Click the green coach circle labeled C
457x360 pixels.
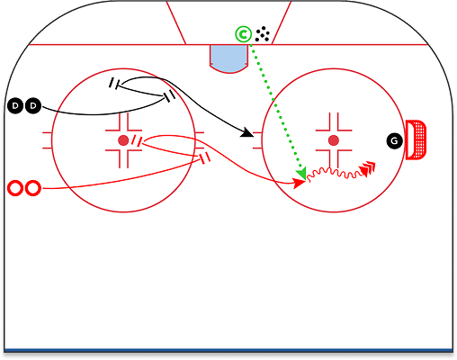pos(243,35)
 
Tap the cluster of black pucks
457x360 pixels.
pos(263,34)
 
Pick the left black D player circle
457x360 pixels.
pos(16,107)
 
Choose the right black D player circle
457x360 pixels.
pos(34,107)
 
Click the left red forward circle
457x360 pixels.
pos(15,188)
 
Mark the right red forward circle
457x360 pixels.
pos(33,188)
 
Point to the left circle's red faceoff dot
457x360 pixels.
pos(123,140)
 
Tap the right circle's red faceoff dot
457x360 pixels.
pos(334,140)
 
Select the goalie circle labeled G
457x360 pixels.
pos(394,140)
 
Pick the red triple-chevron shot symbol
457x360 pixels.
pos(367,167)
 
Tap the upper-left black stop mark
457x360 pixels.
pos(116,85)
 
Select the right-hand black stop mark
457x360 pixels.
pos(168,96)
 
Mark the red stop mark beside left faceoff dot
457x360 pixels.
pos(135,140)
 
